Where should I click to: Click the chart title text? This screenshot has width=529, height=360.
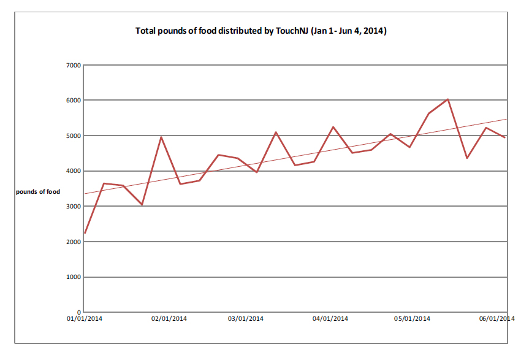click(261, 31)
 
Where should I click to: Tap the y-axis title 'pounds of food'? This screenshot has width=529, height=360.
click(38, 191)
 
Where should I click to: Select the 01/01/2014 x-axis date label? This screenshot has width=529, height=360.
click(85, 319)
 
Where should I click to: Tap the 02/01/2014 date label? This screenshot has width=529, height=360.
click(169, 319)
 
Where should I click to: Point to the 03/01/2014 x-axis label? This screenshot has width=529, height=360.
click(246, 319)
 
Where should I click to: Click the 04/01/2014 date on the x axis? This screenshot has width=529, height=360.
click(330, 319)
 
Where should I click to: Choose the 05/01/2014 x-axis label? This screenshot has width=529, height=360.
click(412, 319)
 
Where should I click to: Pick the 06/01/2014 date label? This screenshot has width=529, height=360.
click(497, 319)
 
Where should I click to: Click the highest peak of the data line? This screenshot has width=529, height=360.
click(448, 99)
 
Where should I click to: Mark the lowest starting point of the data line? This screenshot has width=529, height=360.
click(85, 233)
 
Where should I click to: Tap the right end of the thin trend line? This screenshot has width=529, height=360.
click(506, 120)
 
